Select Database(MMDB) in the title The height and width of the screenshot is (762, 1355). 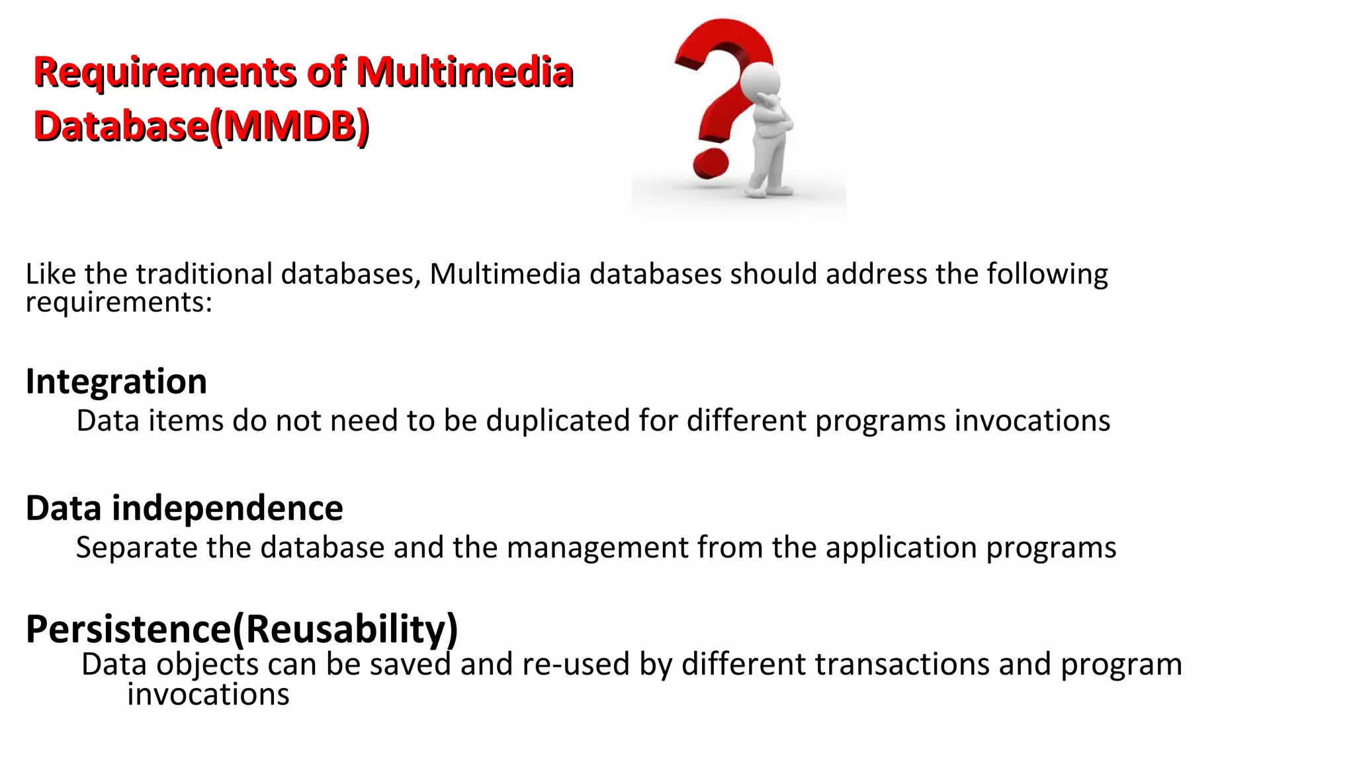click(x=201, y=126)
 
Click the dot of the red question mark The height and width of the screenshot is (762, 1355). click(x=711, y=163)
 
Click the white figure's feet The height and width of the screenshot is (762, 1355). click(x=767, y=191)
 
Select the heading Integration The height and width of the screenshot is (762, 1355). click(x=116, y=382)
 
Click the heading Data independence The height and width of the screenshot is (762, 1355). click(x=184, y=509)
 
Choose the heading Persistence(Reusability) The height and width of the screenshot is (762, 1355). click(x=241, y=628)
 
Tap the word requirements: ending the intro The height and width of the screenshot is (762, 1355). click(x=119, y=302)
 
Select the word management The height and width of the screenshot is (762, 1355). click(x=597, y=548)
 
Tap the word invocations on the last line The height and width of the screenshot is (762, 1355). click(x=208, y=695)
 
